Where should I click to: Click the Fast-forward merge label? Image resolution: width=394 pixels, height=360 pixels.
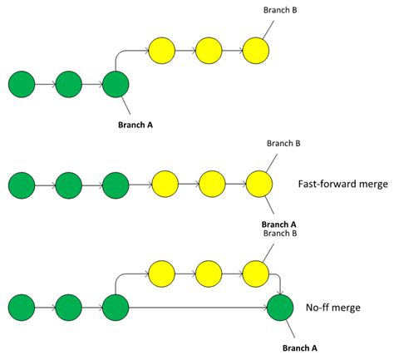click(x=342, y=184)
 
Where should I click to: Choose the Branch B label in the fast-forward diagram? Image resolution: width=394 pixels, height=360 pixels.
click(x=283, y=143)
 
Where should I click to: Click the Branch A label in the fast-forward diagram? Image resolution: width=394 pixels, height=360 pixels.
click(x=279, y=224)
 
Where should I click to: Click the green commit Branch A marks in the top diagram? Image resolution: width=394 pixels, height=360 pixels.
click(x=116, y=84)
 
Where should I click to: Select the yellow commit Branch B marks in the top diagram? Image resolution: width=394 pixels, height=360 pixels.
click(x=257, y=51)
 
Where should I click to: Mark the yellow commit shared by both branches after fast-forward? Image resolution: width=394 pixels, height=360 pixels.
click(x=259, y=182)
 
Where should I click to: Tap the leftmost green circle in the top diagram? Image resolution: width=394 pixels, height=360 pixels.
click(x=22, y=84)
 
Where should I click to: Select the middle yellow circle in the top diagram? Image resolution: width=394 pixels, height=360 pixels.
click(x=209, y=51)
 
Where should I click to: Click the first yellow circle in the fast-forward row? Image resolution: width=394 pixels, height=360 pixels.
click(x=164, y=182)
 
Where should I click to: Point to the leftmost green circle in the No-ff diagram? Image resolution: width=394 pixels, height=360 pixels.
click(x=22, y=307)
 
